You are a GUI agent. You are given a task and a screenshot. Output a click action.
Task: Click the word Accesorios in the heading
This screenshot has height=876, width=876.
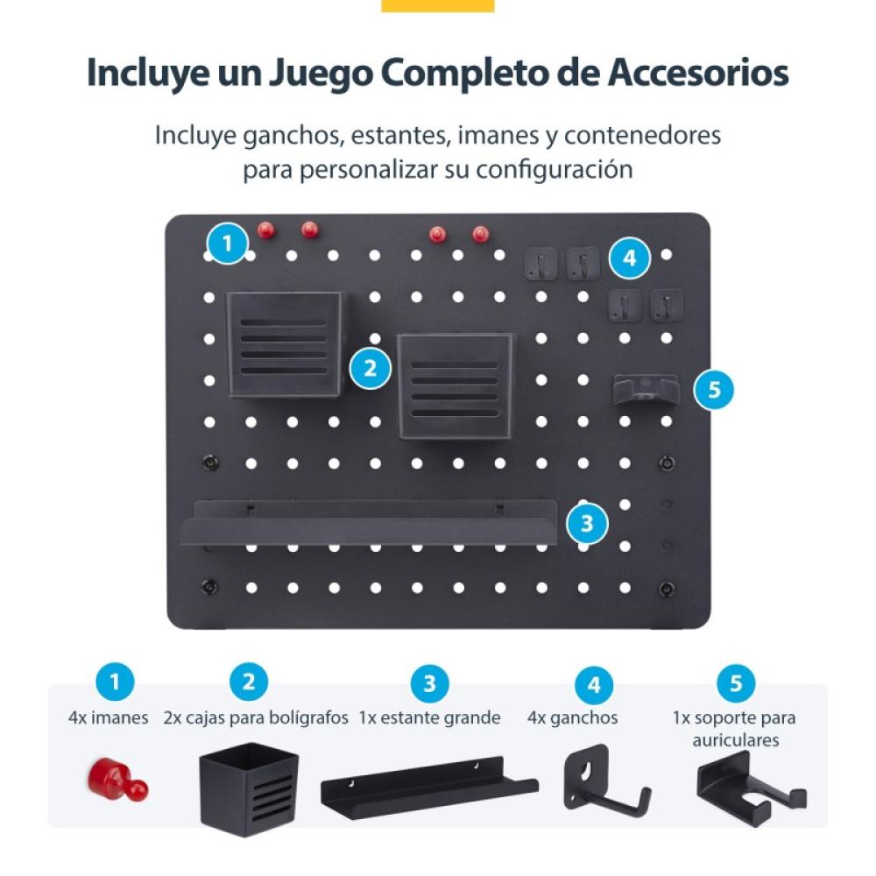click(698, 74)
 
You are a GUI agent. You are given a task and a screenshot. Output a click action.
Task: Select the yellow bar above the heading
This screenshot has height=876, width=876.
click(438, 5)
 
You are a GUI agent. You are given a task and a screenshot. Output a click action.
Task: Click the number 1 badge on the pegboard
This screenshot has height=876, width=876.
click(228, 243)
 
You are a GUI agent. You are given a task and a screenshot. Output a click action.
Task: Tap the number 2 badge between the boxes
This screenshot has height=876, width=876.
click(371, 368)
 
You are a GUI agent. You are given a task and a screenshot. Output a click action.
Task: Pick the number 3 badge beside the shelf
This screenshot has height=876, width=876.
click(587, 524)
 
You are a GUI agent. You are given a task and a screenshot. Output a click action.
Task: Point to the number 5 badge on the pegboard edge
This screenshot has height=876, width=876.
click(715, 389)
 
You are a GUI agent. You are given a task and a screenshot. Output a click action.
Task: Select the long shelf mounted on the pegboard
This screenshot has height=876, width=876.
click(370, 523)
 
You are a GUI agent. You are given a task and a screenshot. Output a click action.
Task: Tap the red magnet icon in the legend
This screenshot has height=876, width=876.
click(117, 779)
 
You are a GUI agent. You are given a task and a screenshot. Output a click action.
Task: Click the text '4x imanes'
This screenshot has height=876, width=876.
click(109, 718)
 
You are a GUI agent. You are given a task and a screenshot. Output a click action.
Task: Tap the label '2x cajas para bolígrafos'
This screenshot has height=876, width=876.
click(257, 718)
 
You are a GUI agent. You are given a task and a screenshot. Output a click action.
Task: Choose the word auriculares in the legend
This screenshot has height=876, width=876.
click(735, 741)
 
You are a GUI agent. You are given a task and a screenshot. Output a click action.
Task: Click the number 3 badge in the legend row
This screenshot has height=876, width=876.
click(429, 684)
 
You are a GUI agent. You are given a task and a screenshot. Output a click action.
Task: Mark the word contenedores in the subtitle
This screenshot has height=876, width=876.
click(642, 136)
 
